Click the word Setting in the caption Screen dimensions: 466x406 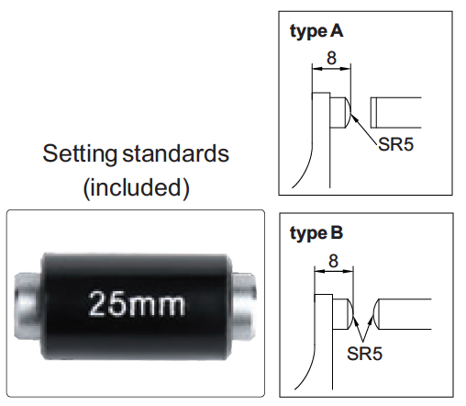pos(80,154)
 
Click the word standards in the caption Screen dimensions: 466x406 pos(175,153)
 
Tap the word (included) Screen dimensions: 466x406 pos(136,187)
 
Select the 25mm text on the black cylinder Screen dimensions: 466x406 pos(137,303)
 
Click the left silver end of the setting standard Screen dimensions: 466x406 pos(27,306)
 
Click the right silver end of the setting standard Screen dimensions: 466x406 pos(243,306)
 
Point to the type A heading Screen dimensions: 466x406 pos(316,31)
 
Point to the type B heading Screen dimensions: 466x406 pos(316,233)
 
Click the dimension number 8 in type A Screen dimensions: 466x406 pos(331,58)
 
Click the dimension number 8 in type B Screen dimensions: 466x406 pos(334,261)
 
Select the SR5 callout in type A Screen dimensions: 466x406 pos(395,144)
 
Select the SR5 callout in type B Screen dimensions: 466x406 pos(364,354)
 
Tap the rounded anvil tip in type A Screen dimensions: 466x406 pos(349,112)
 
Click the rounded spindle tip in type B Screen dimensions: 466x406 pos(376,314)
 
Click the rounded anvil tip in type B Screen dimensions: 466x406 pos(350,314)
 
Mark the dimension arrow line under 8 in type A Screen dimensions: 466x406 pos(331,69)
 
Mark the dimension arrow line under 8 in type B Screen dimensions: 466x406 pos(334,271)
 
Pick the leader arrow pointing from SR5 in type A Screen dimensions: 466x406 pos(364,129)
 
